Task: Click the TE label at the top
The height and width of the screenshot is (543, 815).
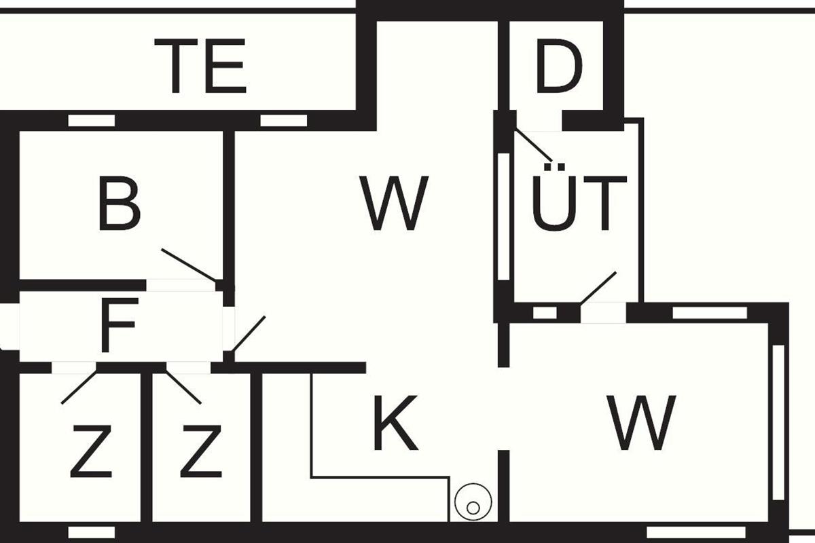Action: (201, 66)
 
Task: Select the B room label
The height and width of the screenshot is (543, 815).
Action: (119, 204)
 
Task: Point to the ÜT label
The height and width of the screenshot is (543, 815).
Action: (579, 198)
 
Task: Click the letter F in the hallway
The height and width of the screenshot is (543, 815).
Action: (119, 325)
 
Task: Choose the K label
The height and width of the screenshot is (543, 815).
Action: (396, 423)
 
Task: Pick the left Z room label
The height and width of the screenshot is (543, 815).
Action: (91, 451)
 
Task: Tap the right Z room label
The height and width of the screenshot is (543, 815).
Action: (201, 451)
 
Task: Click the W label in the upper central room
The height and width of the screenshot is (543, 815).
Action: (394, 204)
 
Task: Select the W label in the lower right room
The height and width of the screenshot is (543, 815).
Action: (642, 423)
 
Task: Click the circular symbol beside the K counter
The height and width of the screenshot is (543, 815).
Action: (473, 502)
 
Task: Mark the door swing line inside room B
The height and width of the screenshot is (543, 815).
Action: (189, 265)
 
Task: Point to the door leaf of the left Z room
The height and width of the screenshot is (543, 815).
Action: (79, 386)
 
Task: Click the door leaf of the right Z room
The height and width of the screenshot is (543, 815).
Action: (183, 387)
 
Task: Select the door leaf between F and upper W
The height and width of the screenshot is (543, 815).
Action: (249, 334)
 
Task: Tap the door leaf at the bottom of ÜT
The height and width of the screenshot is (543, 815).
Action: (598, 287)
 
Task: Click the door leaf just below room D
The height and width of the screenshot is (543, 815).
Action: (534, 145)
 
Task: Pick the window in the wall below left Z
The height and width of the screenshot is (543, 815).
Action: (92, 532)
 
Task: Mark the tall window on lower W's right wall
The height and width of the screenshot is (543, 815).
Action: (778, 423)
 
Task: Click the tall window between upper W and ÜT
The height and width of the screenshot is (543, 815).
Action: (503, 217)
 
